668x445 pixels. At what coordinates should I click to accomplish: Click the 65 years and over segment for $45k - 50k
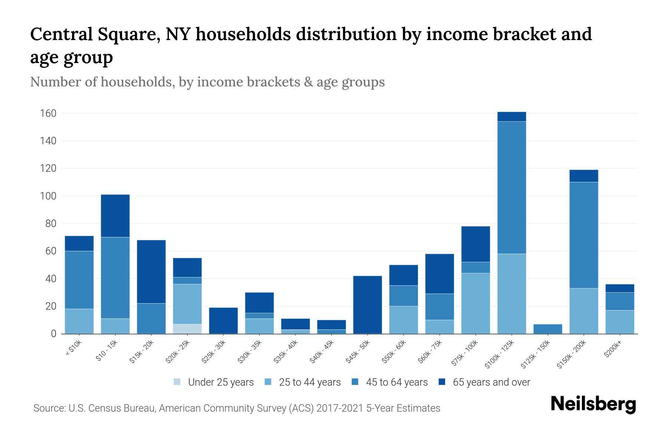click(367, 304)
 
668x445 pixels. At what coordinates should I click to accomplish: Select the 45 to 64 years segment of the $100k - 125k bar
click(512, 188)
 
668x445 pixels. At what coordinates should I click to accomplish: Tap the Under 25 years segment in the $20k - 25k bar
click(187, 329)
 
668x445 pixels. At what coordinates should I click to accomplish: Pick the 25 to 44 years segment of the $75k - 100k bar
click(476, 303)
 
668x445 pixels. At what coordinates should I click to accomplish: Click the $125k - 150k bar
click(548, 329)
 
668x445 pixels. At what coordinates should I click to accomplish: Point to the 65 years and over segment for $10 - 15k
click(115, 216)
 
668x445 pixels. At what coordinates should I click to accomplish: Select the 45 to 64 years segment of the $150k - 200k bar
click(584, 235)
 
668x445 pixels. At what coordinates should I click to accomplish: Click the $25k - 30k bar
click(223, 320)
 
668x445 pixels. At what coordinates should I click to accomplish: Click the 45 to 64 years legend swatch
click(355, 382)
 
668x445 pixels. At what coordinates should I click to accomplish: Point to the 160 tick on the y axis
click(48, 113)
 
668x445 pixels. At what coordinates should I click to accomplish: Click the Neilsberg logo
click(593, 404)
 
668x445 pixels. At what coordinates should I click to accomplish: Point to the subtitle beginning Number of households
click(207, 82)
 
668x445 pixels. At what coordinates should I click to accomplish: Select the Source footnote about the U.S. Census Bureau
click(237, 408)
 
